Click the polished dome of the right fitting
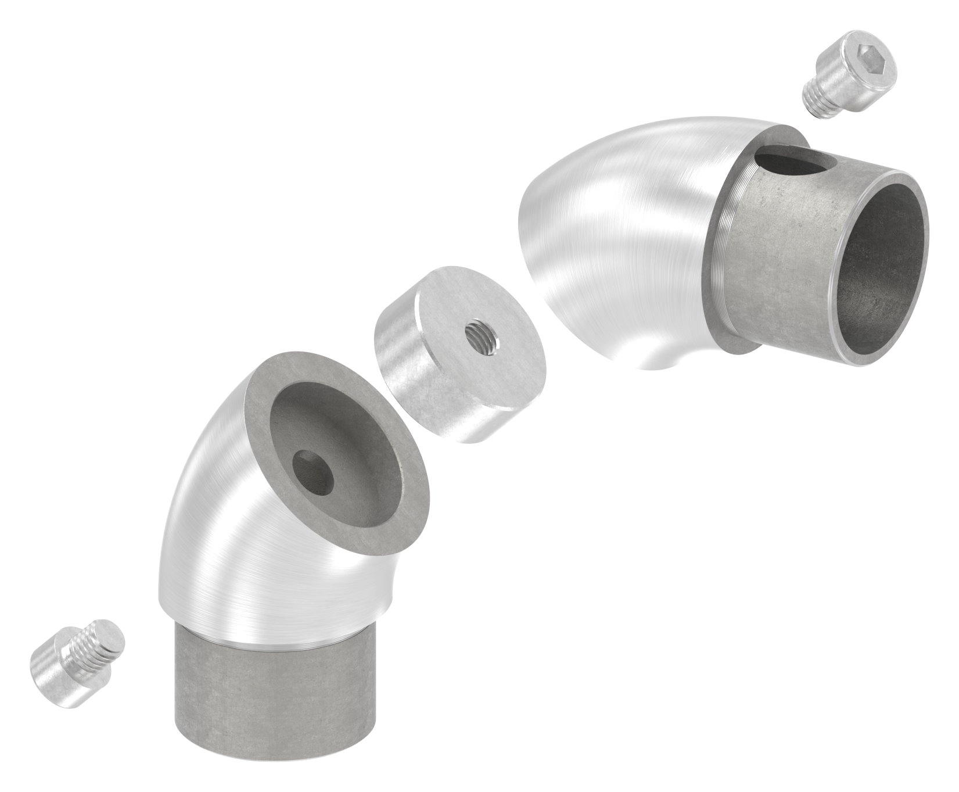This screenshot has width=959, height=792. pyautogui.click(x=622, y=232)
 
